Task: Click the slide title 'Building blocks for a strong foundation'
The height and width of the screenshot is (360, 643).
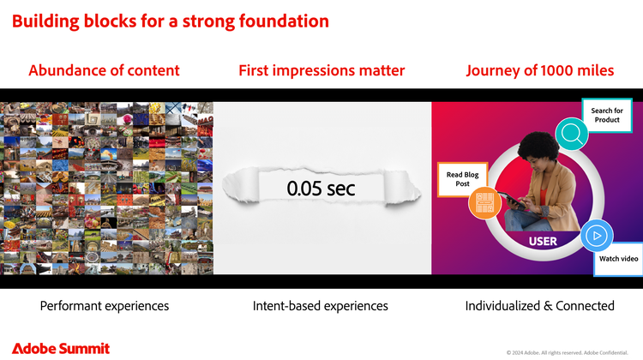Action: [171, 21]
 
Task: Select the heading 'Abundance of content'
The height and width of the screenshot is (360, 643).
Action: [104, 70]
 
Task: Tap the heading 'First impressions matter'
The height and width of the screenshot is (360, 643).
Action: [321, 70]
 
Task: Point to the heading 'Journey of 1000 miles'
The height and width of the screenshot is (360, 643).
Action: [539, 70]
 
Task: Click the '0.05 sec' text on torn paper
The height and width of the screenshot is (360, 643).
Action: [321, 189]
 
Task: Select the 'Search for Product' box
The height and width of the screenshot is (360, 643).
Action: [607, 115]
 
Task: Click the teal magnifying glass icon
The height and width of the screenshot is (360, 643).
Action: [572, 134]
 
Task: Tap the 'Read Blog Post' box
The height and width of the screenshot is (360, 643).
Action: [463, 179]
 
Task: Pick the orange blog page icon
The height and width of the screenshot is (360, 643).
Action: [484, 202]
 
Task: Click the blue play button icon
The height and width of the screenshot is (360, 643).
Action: [597, 236]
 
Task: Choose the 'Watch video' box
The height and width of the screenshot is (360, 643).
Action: [618, 259]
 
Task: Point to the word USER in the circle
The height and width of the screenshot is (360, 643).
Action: [543, 241]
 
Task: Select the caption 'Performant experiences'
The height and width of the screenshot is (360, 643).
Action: [105, 306]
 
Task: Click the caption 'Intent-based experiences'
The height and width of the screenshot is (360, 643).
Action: [321, 306]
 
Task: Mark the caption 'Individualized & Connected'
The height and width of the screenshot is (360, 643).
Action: [539, 306]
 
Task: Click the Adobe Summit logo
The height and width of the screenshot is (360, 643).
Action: [61, 349]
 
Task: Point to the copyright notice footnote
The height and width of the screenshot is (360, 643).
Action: [568, 352]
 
